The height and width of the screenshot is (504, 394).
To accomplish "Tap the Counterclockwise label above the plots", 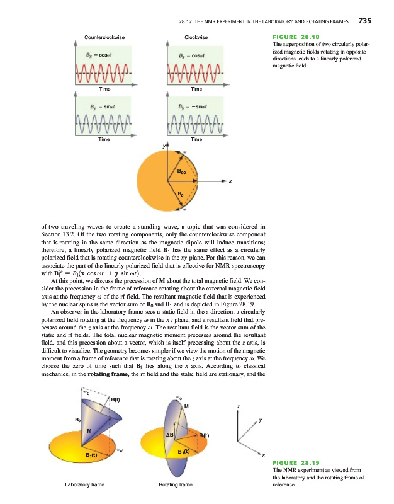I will click(x=104, y=38).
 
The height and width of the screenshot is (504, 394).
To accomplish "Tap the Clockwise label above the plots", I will click(x=196, y=38).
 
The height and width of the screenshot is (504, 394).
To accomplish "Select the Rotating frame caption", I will click(x=176, y=485).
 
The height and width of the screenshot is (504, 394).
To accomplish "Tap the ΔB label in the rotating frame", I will click(x=169, y=435).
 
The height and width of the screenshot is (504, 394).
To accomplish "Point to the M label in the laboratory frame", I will click(x=89, y=430).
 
